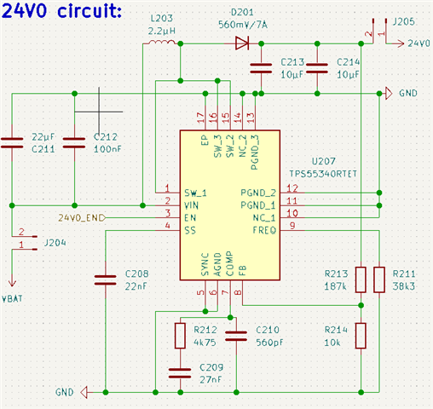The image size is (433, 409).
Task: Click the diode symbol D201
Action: [242, 43]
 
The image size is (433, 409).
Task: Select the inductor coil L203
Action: [162, 42]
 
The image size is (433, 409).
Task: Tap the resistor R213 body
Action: [361, 279]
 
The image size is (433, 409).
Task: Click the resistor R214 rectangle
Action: [361, 336]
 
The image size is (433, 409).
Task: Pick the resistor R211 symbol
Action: [379, 279]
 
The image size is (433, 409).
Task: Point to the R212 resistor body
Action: [180, 336]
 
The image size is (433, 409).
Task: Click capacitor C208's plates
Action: [106, 279]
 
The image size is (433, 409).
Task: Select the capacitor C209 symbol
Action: [180, 373]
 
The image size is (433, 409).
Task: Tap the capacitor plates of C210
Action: [236, 336]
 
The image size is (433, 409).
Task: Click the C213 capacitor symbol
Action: [261, 68]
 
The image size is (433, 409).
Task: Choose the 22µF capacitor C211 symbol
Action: [12, 143]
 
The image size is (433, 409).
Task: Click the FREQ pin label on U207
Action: [264, 230]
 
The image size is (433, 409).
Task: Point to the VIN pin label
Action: [191, 205]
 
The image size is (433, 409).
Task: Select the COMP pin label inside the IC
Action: [229, 263]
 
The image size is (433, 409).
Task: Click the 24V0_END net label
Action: [81, 218]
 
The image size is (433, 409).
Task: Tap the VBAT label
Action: [12, 299]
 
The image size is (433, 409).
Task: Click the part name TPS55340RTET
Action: [323, 174]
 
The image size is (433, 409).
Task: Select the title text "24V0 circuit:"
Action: [61, 11]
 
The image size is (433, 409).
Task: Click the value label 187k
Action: [335, 286]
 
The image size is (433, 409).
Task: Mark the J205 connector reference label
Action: [404, 22]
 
